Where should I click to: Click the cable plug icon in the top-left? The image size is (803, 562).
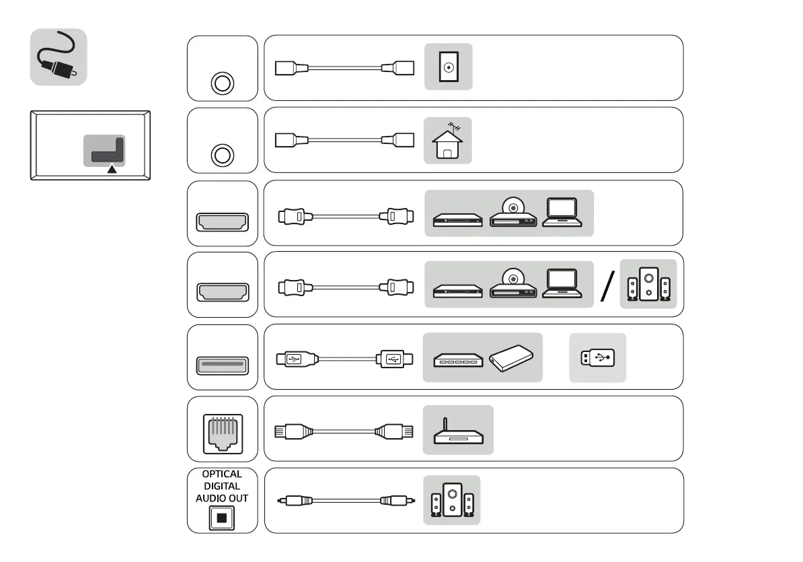pyautogui.click(x=58, y=57)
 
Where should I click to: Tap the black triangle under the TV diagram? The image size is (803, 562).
pyautogui.click(x=112, y=170)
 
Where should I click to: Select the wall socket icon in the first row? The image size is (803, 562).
pyautogui.click(x=448, y=67)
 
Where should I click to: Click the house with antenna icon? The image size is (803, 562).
pyautogui.click(x=447, y=141)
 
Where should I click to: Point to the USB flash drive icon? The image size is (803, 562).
pyautogui.click(x=597, y=358)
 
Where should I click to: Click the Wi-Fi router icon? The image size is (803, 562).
pyautogui.click(x=457, y=430)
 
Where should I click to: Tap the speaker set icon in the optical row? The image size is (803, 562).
pyautogui.click(x=452, y=501)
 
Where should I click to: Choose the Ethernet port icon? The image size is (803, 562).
pyautogui.click(x=222, y=429)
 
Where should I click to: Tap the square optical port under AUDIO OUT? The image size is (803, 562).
pyautogui.click(x=221, y=518)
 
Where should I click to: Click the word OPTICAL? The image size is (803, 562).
pyautogui.click(x=222, y=474)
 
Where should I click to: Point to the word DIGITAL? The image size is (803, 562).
pyautogui.click(x=222, y=486)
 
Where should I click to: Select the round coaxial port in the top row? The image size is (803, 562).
pyautogui.click(x=222, y=83)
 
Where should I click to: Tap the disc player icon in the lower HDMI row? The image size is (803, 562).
pyautogui.click(x=513, y=283)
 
